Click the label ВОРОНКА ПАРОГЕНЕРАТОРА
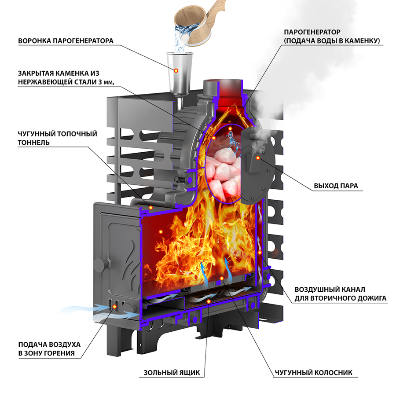pos(66,41)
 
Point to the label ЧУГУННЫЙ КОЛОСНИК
pos(314,373)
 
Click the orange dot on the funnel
pos(176,70)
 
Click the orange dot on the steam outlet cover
pos(258,157)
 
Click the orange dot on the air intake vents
pos(117,308)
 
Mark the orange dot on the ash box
pos(209,301)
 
